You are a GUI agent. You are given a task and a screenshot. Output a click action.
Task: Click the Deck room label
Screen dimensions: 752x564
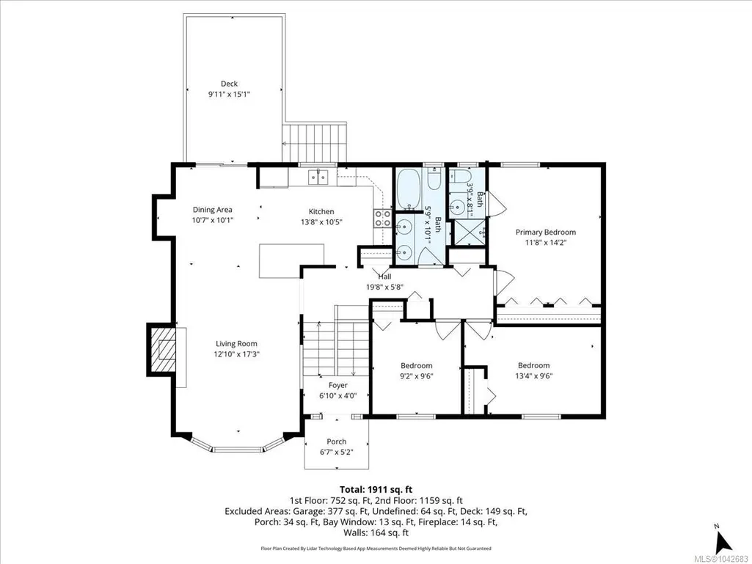click(229, 84)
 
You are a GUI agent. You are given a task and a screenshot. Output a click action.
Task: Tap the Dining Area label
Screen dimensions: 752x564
click(213, 210)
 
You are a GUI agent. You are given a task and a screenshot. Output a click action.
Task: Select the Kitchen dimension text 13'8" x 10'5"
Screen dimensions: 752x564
click(321, 221)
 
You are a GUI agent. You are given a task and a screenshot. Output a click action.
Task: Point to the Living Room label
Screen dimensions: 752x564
click(236, 343)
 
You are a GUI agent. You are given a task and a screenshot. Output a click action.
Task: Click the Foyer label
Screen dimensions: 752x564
click(338, 385)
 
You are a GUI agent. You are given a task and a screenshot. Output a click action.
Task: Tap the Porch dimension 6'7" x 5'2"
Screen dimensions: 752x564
click(337, 452)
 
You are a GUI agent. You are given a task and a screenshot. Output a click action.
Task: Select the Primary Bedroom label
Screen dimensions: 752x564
click(546, 232)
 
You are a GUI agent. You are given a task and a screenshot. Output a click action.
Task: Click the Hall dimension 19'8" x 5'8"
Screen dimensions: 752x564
click(384, 288)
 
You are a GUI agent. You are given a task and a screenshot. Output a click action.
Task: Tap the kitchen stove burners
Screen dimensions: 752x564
click(383, 218)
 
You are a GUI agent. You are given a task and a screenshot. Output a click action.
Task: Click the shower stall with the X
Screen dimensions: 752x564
click(469, 232)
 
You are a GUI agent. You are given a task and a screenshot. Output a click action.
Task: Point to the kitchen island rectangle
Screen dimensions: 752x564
click(291, 260)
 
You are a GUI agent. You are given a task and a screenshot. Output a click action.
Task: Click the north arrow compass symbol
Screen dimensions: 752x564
click(723, 541)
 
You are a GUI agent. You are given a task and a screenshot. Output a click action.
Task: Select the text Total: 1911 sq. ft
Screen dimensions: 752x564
click(376, 490)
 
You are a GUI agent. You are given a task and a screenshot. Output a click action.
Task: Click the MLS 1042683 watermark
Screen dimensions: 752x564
click(723, 558)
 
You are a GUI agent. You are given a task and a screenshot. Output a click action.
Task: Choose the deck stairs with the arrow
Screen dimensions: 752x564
click(314, 143)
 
